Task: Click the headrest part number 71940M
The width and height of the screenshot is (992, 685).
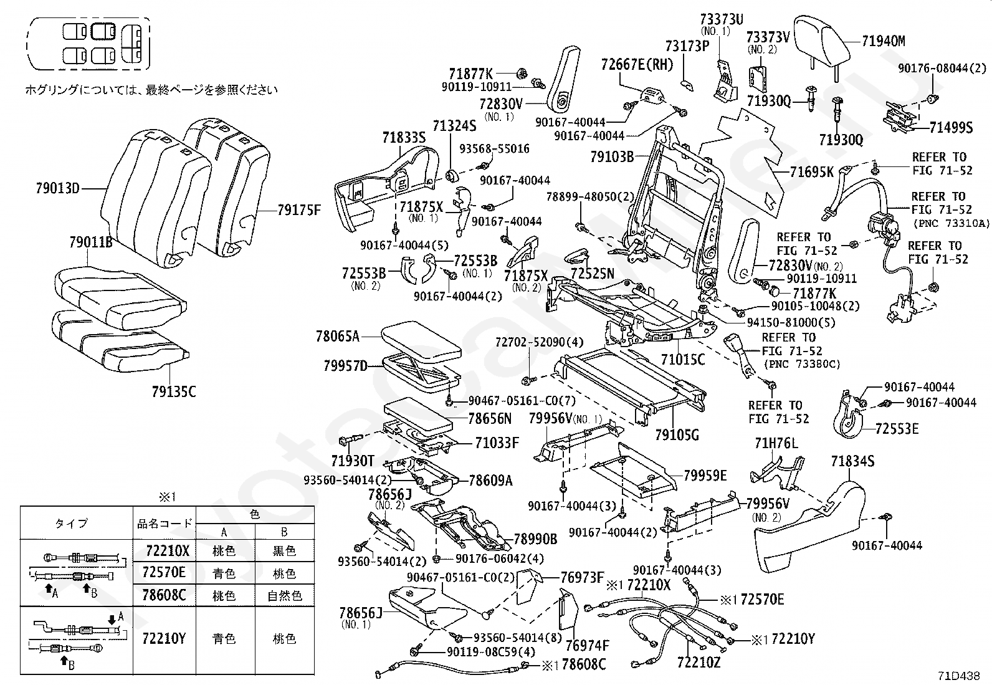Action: click(x=884, y=42)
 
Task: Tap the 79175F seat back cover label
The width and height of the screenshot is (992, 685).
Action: click(x=298, y=211)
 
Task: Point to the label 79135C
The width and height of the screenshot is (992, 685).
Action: click(x=173, y=392)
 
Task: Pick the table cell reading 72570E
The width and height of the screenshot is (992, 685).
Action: click(x=165, y=572)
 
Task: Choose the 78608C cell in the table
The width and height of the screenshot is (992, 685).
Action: click(x=165, y=595)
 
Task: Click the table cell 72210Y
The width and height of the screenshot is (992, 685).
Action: click(x=165, y=639)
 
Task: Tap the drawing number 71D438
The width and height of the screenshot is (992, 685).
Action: click(x=960, y=675)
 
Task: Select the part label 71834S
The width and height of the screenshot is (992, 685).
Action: click(x=852, y=462)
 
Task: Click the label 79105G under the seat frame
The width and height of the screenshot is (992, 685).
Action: click(x=677, y=434)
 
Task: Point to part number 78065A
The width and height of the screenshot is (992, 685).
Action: click(x=337, y=337)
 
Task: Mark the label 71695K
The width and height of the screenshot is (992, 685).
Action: click(x=811, y=172)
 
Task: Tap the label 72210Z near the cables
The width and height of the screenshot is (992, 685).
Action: click(x=699, y=663)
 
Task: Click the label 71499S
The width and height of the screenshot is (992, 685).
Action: click(x=951, y=128)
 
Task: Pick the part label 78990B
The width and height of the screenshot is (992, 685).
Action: click(x=535, y=539)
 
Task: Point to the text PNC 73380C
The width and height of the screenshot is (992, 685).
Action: click(x=801, y=364)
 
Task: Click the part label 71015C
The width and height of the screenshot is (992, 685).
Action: click(x=683, y=360)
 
